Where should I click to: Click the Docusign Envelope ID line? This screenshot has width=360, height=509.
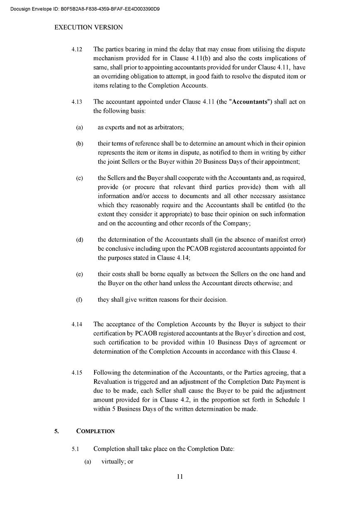pyautogui.click(x=85, y=9)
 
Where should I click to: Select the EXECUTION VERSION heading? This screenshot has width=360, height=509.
pyautogui.click(x=89, y=27)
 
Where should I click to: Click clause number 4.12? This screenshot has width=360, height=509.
pyautogui.click(x=77, y=49)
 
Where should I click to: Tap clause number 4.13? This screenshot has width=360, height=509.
pyautogui.click(x=77, y=102)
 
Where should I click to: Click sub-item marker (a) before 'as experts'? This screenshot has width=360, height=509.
pyautogui.click(x=79, y=128)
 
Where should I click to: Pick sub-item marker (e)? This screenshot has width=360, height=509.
pyautogui.click(x=79, y=274)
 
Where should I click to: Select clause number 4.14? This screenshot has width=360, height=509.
pyautogui.click(x=77, y=325)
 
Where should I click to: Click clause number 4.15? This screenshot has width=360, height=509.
pyautogui.click(x=77, y=373)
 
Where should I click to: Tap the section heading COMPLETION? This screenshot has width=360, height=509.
pyautogui.click(x=95, y=431)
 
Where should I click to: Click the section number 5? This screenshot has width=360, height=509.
pyautogui.click(x=56, y=431)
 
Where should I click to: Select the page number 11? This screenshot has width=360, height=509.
pyautogui.click(x=180, y=477)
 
